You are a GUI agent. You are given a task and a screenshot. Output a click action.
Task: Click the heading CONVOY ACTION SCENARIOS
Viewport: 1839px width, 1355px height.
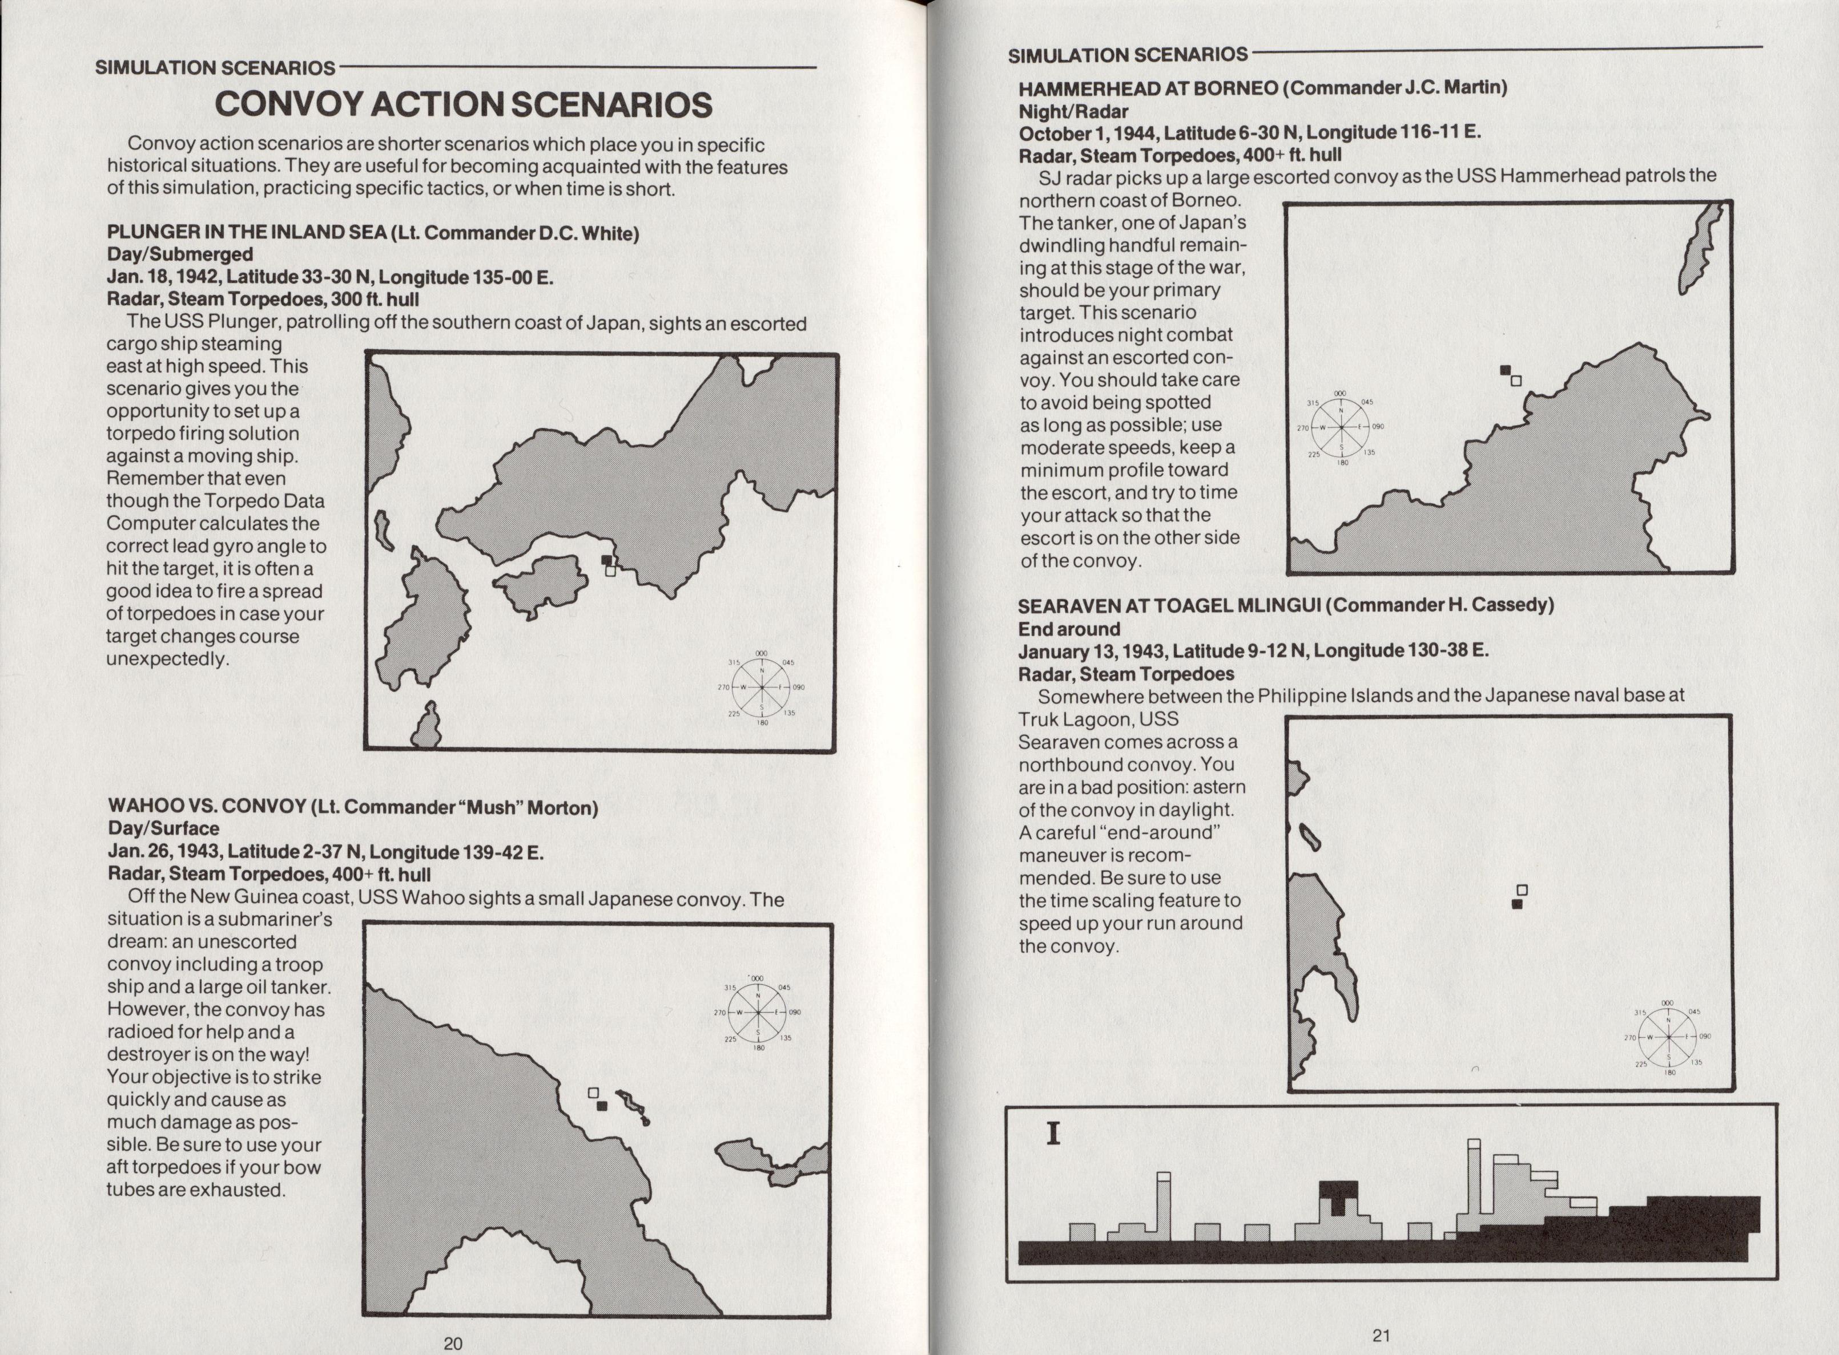pyautogui.click(x=464, y=104)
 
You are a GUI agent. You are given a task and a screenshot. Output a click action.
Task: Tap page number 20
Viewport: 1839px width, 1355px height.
pyautogui.click(x=453, y=1342)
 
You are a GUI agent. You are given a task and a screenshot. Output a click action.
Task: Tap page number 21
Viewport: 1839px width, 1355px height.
pyautogui.click(x=1382, y=1335)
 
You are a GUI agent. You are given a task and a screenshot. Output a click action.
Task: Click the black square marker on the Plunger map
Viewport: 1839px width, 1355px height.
pyautogui.click(x=606, y=560)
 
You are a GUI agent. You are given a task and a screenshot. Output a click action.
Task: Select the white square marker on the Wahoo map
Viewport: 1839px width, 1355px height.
pyautogui.click(x=593, y=1093)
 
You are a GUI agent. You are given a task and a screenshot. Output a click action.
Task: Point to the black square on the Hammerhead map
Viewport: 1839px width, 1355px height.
pyautogui.click(x=1505, y=370)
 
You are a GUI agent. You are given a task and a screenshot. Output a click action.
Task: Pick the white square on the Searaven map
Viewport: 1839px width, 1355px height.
pyautogui.click(x=1522, y=890)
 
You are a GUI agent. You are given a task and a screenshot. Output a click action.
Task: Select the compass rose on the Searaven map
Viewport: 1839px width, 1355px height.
pyautogui.click(x=1668, y=1037)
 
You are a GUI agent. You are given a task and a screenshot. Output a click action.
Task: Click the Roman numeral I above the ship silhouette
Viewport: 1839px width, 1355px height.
pyautogui.click(x=1053, y=1134)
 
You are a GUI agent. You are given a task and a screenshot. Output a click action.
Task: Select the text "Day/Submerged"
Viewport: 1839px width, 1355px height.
pyautogui.click(x=180, y=254)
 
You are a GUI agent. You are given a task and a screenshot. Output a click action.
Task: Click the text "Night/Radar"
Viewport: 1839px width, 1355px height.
pyautogui.click(x=1073, y=111)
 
